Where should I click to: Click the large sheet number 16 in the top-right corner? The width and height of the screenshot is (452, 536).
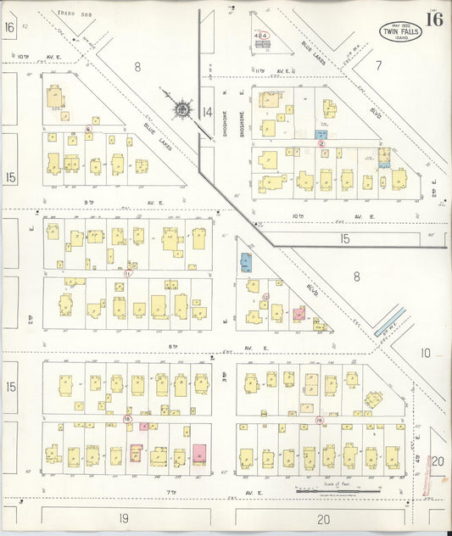(x=433, y=20)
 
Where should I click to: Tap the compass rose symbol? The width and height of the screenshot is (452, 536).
(x=182, y=109)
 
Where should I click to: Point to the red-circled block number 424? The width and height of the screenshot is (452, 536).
(x=263, y=35)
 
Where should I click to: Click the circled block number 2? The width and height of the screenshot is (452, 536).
(x=321, y=143)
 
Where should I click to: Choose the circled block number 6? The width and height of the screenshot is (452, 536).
(x=88, y=129)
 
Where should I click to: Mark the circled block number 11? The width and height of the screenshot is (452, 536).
(x=128, y=273)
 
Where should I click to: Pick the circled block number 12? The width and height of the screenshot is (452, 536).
(x=265, y=296)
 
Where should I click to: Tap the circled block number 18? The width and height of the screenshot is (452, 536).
(x=127, y=418)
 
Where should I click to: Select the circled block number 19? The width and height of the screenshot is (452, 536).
(x=319, y=420)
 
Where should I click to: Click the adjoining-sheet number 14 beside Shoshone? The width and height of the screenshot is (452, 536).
(x=207, y=112)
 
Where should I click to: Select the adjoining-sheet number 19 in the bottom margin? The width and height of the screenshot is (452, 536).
(x=123, y=517)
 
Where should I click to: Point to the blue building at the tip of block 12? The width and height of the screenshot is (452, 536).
(x=246, y=262)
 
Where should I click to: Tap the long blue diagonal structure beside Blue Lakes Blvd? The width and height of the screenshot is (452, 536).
(x=391, y=321)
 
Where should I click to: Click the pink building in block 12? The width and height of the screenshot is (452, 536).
(x=299, y=313)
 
